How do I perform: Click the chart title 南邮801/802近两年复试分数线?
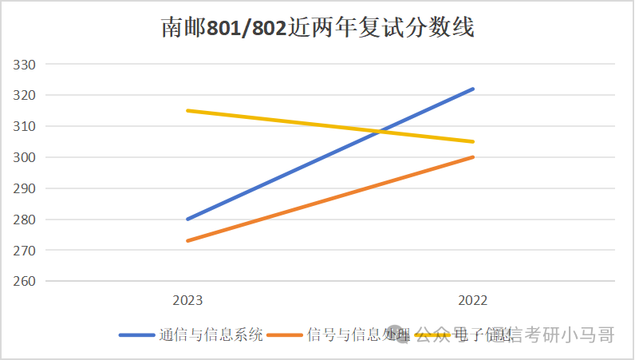[317, 29]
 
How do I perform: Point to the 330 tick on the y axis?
[26, 65]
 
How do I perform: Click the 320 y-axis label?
[26, 96]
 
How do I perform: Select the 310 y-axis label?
[26, 127]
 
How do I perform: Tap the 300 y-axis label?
[26, 158]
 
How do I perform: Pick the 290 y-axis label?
[26, 189]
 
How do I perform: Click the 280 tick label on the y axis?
[26, 220]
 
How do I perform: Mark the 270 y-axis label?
[26, 251]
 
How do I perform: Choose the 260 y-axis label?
[26, 282]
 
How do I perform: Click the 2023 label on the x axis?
[187, 301]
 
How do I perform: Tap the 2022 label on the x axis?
[472, 301]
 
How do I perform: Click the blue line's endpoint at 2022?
[473, 89]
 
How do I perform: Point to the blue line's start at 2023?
[187, 219]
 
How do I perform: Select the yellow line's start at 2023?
[187, 110]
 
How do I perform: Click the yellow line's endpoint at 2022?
[473, 141]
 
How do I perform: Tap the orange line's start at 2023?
[187, 240]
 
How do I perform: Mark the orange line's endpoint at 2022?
[473, 156]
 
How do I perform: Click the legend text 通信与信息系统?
[211, 335]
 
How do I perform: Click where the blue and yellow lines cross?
[383, 131]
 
